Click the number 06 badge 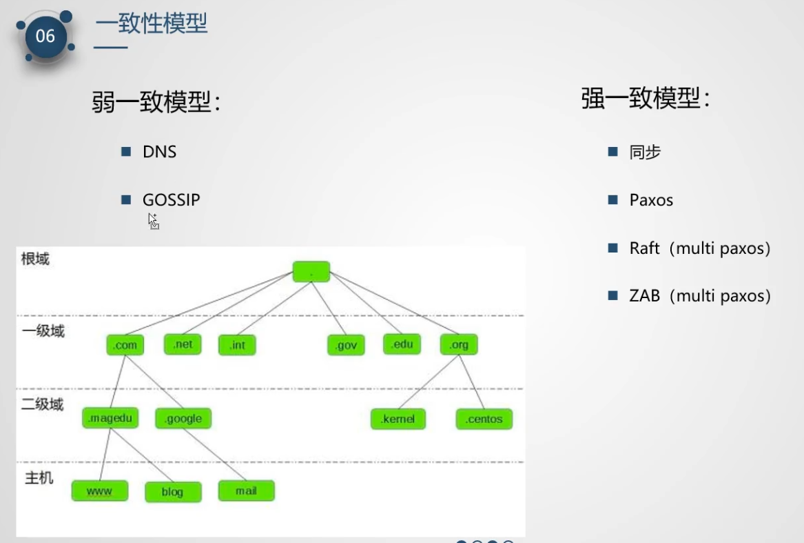[x=45, y=36]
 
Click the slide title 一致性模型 [x=151, y=24]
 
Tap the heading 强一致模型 [x=645, y=99]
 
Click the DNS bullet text [x=159, y=152]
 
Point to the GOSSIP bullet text [x=171, y=200]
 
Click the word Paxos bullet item [x=650, y=200]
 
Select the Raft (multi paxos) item [x=699, y=248]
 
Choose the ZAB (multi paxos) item [x=699, y=296]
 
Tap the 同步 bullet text [x=645, y=152]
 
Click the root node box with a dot [x=311, y=272]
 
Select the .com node [x=125, y=345]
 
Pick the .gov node [x=345, y=345]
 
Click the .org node [x=458, y=344]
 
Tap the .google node [x=183, y=418]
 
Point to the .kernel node [x=398, y=419]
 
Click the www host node [x=99, y=491]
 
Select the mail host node [x=246, y=491]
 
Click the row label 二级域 [x=42, y=404]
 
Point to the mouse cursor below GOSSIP [x=153, y=221]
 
